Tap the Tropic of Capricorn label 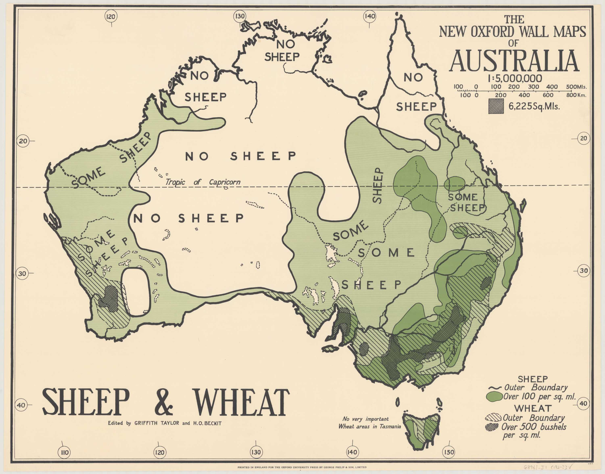(x=203, y=182)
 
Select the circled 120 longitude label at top (x=111, y=17)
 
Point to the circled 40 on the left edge (x=21, y=405)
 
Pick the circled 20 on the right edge (x=584, y=138)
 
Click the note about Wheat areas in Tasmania (x=369, y=423)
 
